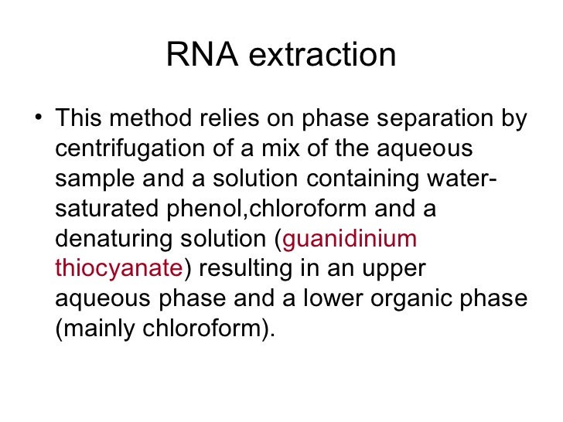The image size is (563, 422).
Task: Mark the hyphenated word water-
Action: pos(462,179)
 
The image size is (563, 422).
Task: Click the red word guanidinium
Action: pos(350,240)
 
